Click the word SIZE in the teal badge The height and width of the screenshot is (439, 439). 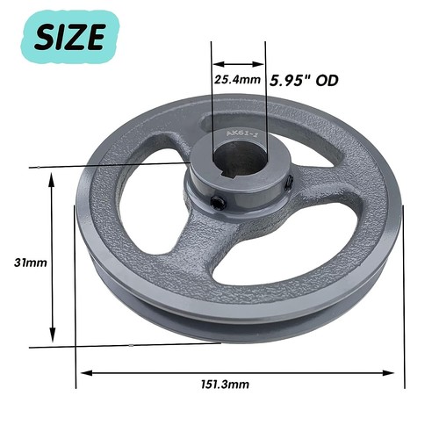point(74,36)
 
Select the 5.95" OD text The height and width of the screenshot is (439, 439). point(304,80)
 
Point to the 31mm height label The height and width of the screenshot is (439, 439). point(31,262)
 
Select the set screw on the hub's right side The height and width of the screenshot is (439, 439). point(289,182)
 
